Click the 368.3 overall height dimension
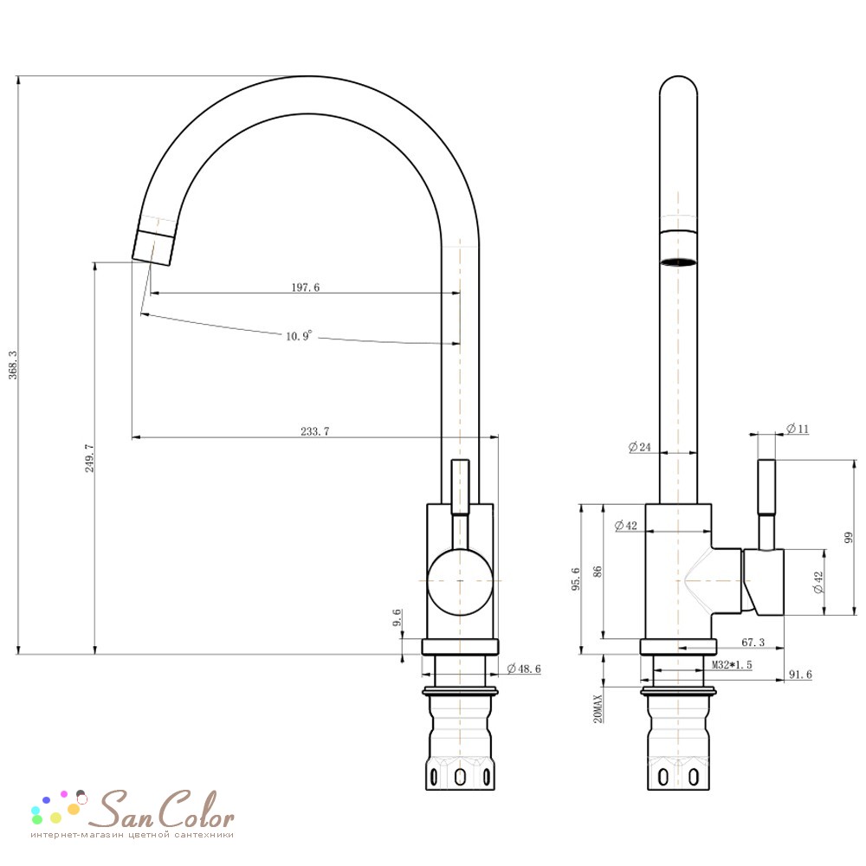[x=13, y=365]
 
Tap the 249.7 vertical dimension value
[x=89, y=458]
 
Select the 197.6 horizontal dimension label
[x=306, y=288]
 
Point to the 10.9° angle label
[x=299, y=336]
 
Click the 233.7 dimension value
[x=315, y=431]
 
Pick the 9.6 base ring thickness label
[x=397, y=617]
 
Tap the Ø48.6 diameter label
[x=524, y=669]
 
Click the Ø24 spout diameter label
[x=640, y=447]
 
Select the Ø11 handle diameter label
[x=798, y=429]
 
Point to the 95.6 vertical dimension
[x=576, y=578]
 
